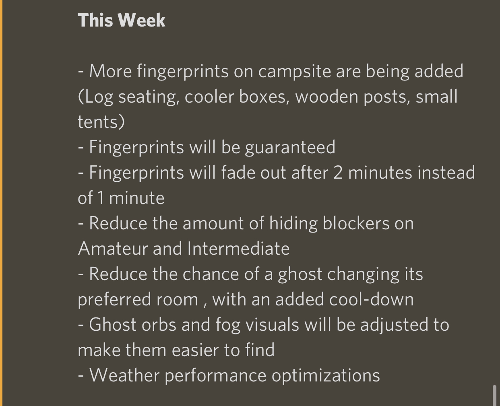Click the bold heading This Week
(122, 20)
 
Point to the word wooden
(327, 97)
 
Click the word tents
(101, 122)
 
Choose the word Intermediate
(238, 249)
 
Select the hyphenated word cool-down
(371, 299)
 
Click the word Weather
(125, 375)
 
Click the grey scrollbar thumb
(494, 396)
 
